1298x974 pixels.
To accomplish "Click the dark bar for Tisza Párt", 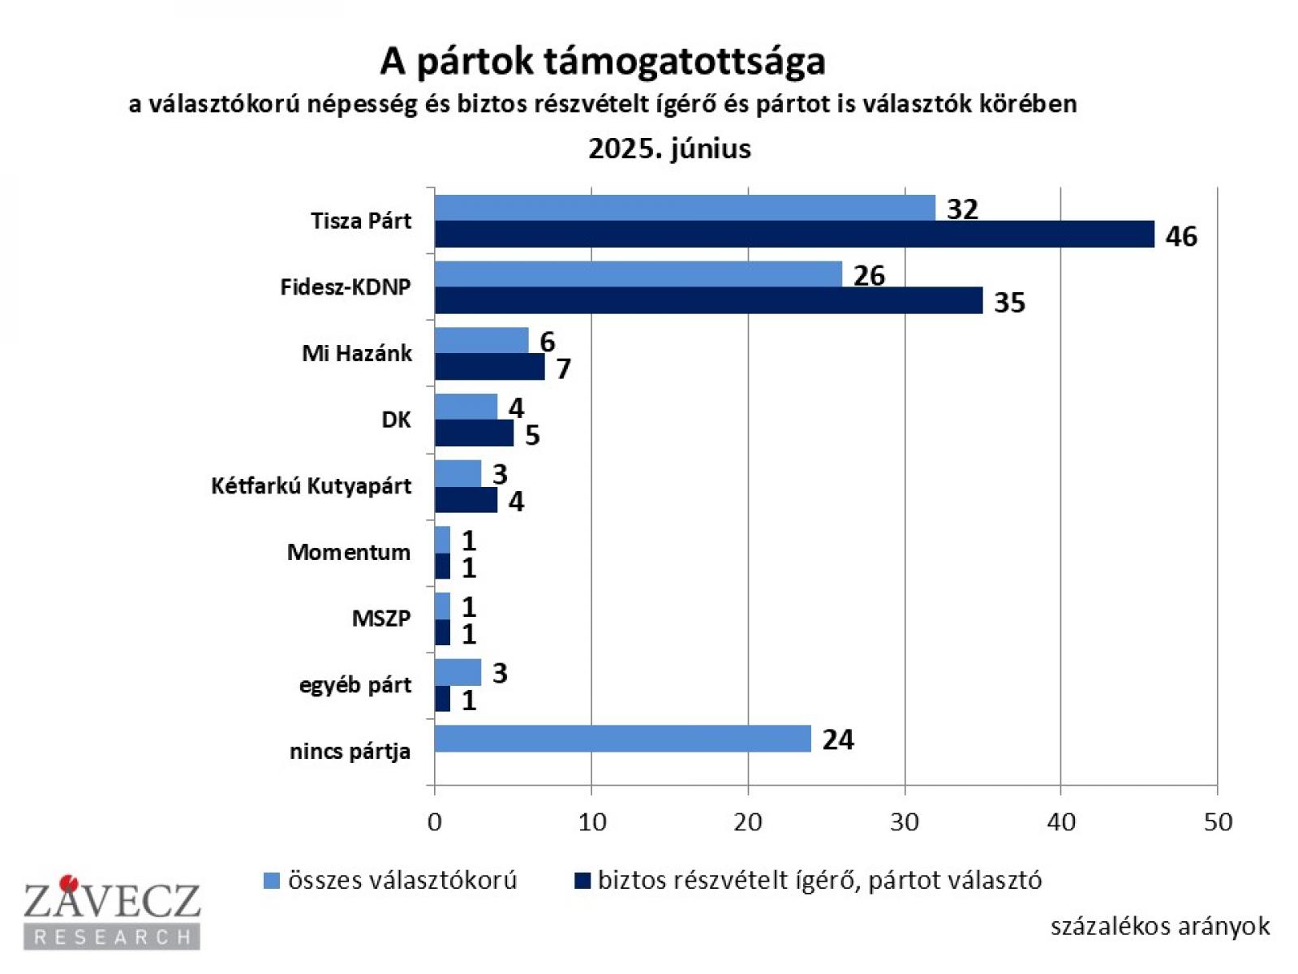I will point(793,235).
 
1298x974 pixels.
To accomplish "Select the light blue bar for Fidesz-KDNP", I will point(638,274).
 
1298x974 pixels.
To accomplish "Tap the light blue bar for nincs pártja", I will point(622,739).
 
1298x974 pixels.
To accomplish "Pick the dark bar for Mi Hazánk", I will point(489,368).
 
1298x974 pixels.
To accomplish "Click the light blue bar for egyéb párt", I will point(458,672).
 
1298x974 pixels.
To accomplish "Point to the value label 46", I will point(1181,236).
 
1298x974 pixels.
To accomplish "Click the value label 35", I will point(1009,303).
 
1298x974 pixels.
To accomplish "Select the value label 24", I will point(838,739).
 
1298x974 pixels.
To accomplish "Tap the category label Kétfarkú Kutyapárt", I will point(311,486).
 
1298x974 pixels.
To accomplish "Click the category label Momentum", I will point(349,552).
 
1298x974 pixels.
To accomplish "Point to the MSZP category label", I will point(380,618).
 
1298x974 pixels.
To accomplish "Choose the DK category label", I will point(396,420).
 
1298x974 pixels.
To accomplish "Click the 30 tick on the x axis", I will point(904,822).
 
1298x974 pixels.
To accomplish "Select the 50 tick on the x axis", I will point(1218,822).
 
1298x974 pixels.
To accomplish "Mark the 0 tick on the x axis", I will point(435,822).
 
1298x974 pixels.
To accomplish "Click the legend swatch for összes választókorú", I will point(272,881).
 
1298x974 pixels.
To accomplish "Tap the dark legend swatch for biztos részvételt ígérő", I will point(582,881).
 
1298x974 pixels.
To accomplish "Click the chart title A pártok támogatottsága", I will point(603,61).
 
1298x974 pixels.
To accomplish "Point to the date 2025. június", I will point(669,149).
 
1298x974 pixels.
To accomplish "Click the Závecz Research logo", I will point(112,913).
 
